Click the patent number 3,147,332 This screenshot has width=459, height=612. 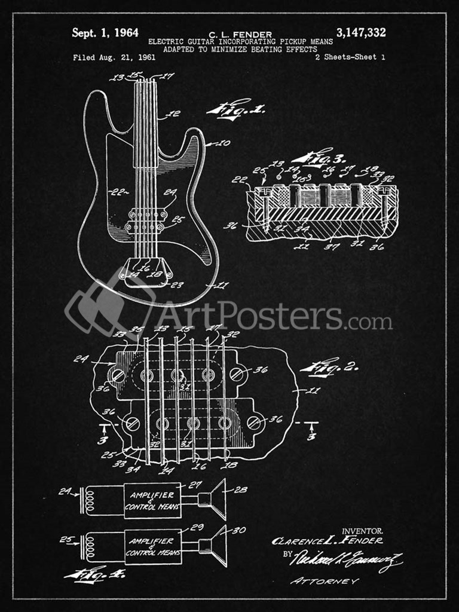(x=361, y=32)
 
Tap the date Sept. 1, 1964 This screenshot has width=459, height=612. (x=105, y=33)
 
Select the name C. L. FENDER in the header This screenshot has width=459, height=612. (x=241, y=35)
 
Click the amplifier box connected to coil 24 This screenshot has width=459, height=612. (x=152, y=500)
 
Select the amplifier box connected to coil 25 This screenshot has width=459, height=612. (x=152, y=546)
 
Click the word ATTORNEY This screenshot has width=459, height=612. (x=325, y=581)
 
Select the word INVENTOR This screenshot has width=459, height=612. (x=362, y=531)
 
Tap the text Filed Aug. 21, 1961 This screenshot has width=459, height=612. (x=114, y=58)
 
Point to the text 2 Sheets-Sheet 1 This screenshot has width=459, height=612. (x=349, y=58)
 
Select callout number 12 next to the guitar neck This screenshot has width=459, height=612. (x=174, y=114)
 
